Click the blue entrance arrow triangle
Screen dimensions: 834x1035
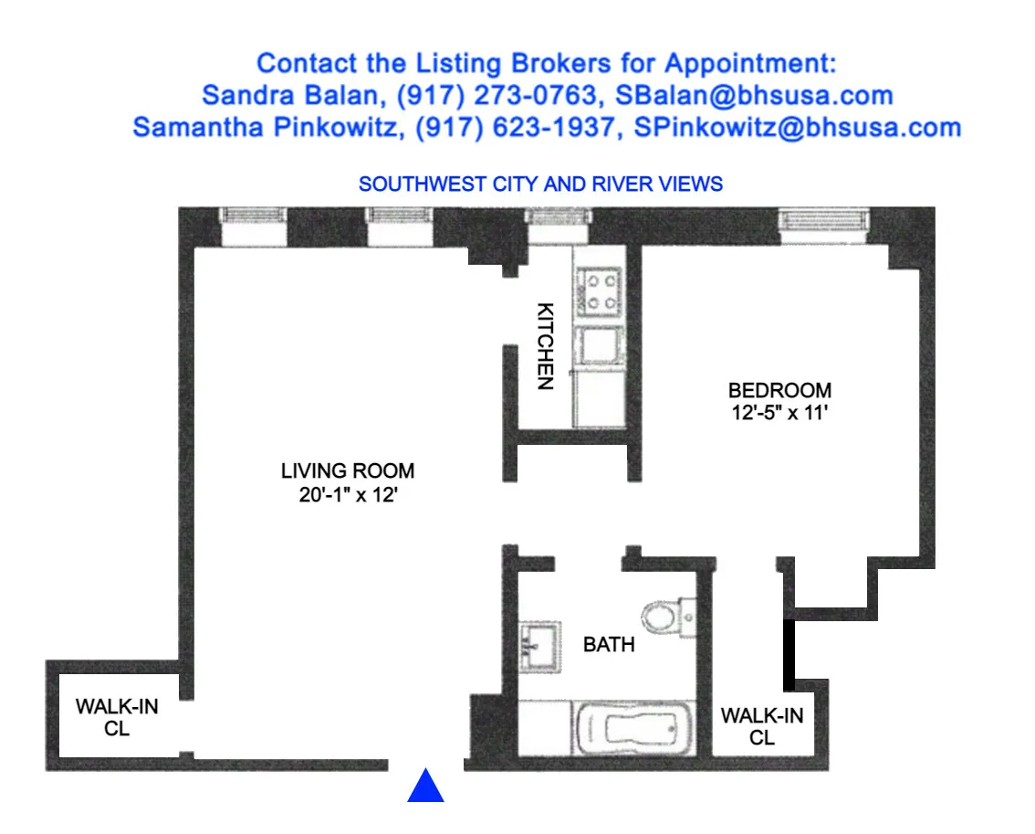(x=425, y=786)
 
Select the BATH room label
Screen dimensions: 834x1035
(x=609, y=645)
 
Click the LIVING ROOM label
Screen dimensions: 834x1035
(x=347, y=471)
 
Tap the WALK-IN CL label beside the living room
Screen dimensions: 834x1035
(x=116, y=718)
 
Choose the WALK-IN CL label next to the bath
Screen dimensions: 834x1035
(x=762, y=726)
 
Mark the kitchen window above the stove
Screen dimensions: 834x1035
(x=556, y=220)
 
